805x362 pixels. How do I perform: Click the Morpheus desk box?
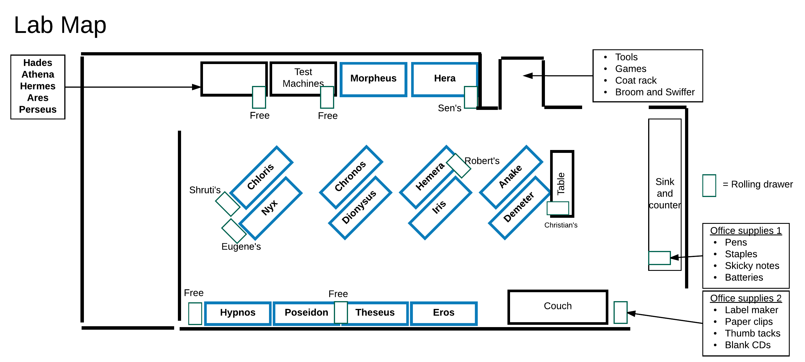pos(373,79)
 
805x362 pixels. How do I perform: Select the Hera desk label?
pos(444,78)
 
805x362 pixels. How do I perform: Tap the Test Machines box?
pos(302,78)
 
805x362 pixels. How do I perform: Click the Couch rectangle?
pos(558,306)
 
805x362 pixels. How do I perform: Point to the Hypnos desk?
pos(238,313)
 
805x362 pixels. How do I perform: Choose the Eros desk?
pos(443,313)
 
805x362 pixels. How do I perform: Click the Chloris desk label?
pos(260,177)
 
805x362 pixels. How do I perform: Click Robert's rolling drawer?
pos(458,165)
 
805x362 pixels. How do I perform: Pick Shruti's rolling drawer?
pos(227,204)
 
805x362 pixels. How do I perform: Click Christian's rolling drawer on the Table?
pos(558,208)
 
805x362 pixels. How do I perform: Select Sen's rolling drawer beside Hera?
pos(471,97)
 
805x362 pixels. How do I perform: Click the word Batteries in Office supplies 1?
pos(744,277)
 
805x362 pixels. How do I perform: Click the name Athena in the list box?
pos(38,74)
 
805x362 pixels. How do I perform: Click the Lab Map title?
pos(60,25)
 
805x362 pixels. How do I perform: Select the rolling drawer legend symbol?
pos(709,185)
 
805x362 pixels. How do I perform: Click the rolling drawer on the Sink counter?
pos(659,258)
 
